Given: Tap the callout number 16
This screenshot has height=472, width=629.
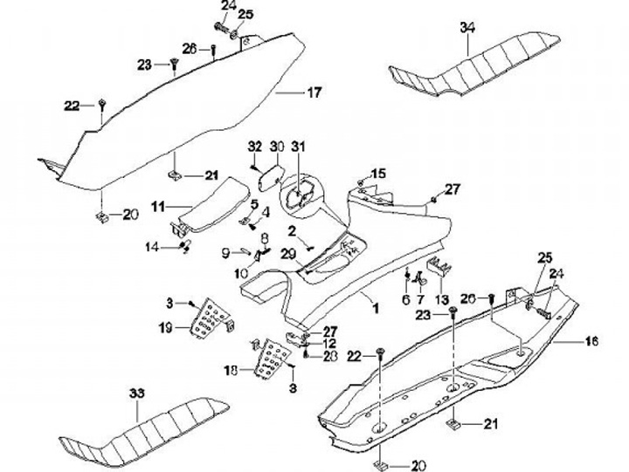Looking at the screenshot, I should pyautogui.click(x=591, y=340).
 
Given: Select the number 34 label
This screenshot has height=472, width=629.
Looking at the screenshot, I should pyautogui.click(x=467, y=29).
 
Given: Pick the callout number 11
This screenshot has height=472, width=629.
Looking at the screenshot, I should pyautogui.click(x=158, y=207).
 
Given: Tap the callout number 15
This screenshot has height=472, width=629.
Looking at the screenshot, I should pyautogui.click(x=378, y=173).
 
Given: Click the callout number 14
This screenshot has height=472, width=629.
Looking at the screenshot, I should pyautogui.click(x=152, y=247).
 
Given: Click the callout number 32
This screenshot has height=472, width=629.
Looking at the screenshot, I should pyautogui.click(x=255, y=145).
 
